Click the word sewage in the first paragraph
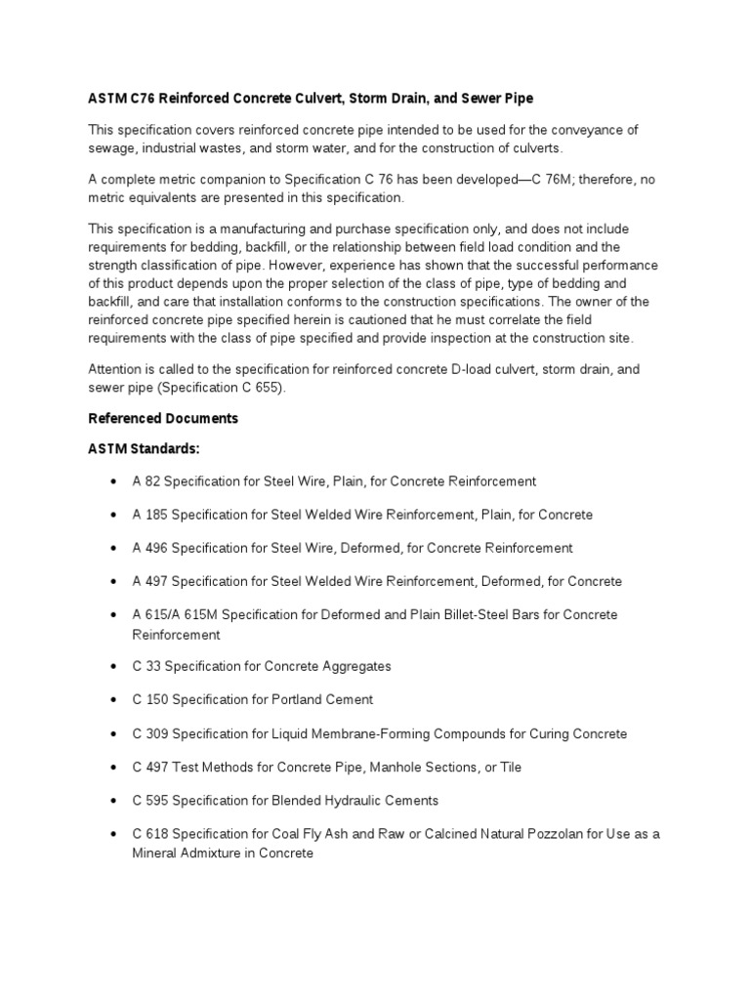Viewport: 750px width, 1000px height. click(x=113, y=147)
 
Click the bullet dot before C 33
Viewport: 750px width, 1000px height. click(x=114, y=666)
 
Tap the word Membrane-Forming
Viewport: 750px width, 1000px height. click(x=383, y=733)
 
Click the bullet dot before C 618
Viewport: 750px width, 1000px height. click(x=114, y=834)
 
